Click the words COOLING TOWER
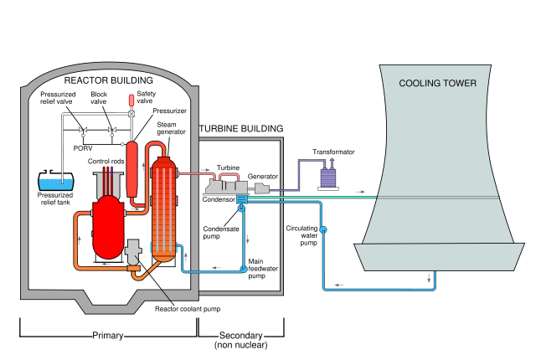pyautogui.click(x=437, y=84)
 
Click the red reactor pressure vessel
pyautogui.click(x=108, y=226)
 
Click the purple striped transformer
pyautogui.click(x=328, y=177)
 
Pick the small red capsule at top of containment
pyautogui.click(x=131, y=100)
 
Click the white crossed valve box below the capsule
pyautogui.click(x=131, y=114)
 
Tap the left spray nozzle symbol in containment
pyautogui.click(x=83, y=131)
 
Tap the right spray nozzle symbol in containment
pyautogui.click(x=111, y=131)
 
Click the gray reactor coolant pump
pyautogui.click(x=134, y=250)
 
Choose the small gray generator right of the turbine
pyautogui.click(x=261, y=189)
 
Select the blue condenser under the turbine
pyautogui.click(x=241, y=199)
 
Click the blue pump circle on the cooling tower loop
pyautogui.click(x=323, y=229)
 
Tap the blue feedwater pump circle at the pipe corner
pyautogui.click(x=244, y=269)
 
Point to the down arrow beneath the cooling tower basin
pyautogui.click(x=430, y=278)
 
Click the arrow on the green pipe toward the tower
pyautogui.click(x=361, y=192)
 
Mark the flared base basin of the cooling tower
pyautogui.click(x=439, y=256)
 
